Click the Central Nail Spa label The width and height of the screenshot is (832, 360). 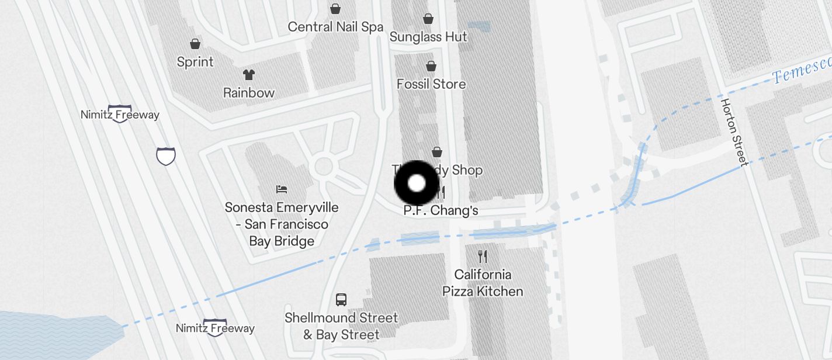(335, 27)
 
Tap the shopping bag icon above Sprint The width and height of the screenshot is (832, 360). (195, 44)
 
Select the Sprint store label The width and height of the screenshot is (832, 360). (195, 62)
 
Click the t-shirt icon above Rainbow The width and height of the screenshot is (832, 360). (249, 74)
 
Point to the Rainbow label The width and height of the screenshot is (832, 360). (249, 92)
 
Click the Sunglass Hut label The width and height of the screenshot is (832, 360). (428, 37)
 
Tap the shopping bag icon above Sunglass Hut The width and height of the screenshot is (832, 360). (428, 19)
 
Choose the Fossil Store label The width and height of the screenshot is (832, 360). (431, 84)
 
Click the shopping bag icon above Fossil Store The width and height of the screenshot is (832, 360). (431, 65)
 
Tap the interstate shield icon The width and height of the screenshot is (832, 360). (166, 156)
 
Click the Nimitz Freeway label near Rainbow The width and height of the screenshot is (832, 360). (120, 115)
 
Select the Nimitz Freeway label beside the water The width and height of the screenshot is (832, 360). (215, 328)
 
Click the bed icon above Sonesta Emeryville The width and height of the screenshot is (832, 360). (282, 189)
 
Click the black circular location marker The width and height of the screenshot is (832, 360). (417, 183)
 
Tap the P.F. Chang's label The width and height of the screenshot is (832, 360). (441, 210)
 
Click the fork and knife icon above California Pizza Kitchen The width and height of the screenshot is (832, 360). (483, 256)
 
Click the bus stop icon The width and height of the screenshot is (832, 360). (341, 300)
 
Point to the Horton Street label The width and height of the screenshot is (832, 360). (734, 132)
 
